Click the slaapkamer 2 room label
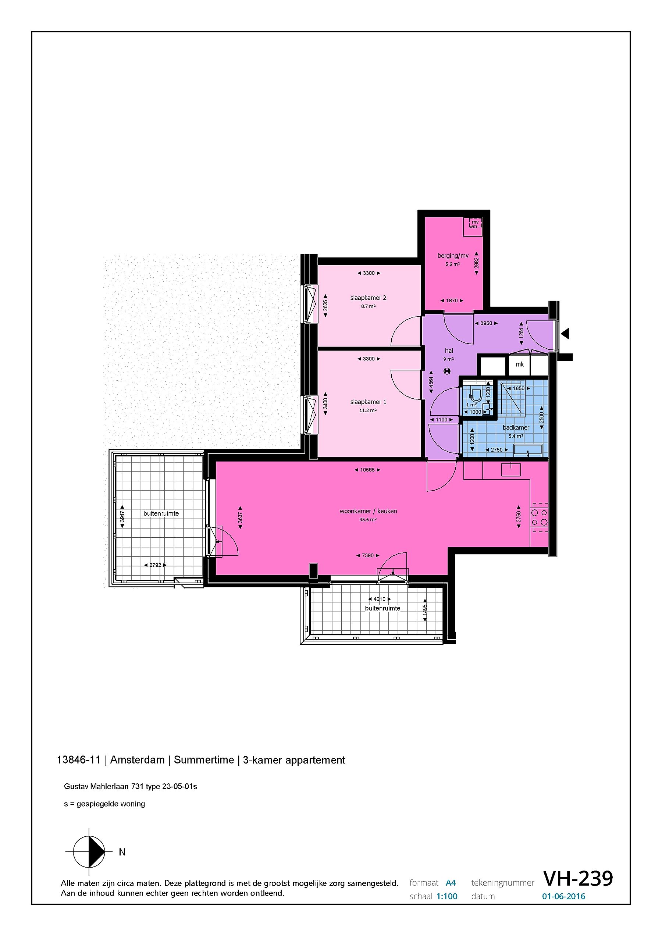(x=368, y=298)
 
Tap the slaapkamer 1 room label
(x=368, y=402)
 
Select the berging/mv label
(x=453, y=256)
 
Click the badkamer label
(x=516, y=428)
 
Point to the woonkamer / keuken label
(x=368, y=511)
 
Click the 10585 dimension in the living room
(x=367, y=470)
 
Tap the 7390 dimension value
(x=368, y=556)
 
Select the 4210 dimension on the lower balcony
(x=379, y=599)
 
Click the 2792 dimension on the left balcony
(x=155, y=565)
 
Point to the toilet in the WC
(x=476, y=394)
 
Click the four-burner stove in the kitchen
(x=539, y=518)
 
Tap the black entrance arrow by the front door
(x=565, y=334)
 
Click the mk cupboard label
(x=519, y=364)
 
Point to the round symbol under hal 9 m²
(x=448, y=371)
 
